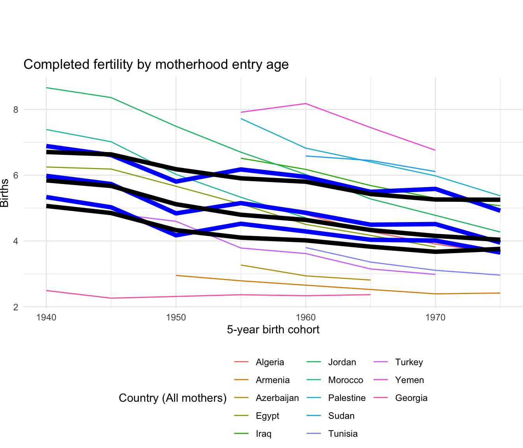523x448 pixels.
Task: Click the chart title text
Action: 156,64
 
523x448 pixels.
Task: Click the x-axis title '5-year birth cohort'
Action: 273,330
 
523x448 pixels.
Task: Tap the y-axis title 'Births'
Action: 5,193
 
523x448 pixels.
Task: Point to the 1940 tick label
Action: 46,318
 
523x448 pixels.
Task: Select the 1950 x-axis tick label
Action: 176,318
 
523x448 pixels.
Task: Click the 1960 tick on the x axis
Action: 305,318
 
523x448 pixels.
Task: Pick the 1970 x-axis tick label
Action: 435,318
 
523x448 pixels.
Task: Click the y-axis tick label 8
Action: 16,110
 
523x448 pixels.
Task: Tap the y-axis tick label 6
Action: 16,175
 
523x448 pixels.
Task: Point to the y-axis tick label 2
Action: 16,307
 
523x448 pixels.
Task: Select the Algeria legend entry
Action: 270,362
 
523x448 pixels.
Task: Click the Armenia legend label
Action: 272,380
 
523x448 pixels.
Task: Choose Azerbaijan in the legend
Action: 277,398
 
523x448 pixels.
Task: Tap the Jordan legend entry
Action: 342,362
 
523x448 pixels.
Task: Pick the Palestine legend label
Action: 347,398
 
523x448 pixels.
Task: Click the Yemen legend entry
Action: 409,380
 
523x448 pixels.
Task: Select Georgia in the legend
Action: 411,398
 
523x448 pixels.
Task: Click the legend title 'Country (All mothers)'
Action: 173,398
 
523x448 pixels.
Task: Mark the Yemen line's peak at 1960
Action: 305,103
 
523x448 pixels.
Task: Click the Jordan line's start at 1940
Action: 46,88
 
